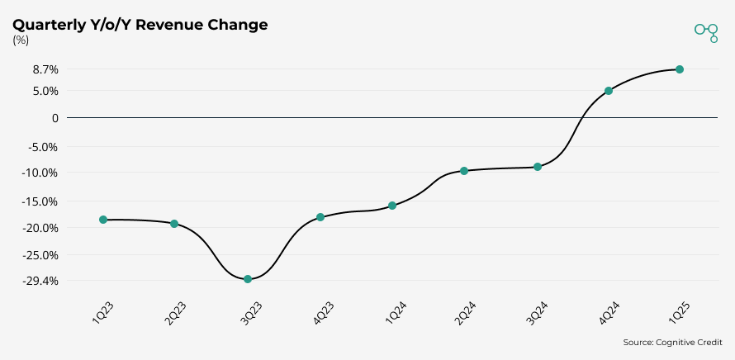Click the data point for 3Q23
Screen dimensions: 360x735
[248, 279]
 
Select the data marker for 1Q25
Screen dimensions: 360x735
[680, 69]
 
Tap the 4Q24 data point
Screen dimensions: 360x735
[609, 91]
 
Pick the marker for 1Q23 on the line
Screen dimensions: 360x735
[103, 220]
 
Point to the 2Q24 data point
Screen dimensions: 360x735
[464, 171]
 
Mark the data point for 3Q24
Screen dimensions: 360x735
[538, 167]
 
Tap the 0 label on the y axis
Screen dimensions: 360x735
[55, 118]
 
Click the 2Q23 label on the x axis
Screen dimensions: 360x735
[175, 315]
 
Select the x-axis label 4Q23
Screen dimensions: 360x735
[321, 315]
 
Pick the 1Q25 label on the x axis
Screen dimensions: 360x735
[680, 315]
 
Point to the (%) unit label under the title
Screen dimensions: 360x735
[21, 40]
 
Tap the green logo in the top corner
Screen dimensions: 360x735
[706, 31]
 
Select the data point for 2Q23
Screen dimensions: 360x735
[174, 224]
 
